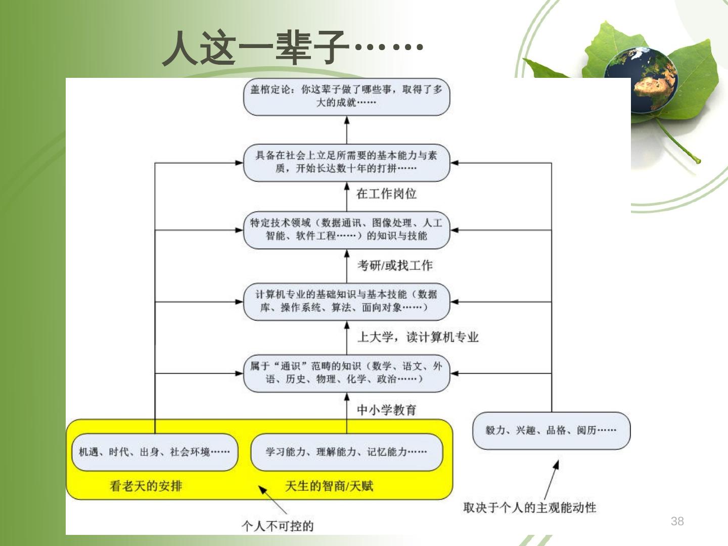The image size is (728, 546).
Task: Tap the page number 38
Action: tap(677, 521)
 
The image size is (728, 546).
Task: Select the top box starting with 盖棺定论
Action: tap(346, 97)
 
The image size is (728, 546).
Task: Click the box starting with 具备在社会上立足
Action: tap(346, 162)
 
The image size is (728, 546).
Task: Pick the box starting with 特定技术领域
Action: tap(346, 230)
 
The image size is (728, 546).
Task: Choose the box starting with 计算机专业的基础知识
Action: tap(346, 301)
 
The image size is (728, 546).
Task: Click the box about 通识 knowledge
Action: tap(346, 373)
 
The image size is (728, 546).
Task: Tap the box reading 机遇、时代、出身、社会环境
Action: tap(154, 452)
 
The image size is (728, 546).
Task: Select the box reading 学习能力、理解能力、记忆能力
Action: tap(346, 452)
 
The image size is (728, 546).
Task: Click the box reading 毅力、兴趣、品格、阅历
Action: tap(551, 430)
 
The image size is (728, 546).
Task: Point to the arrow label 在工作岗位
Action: tap(386, 194)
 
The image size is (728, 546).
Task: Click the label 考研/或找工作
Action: tap(395, 265)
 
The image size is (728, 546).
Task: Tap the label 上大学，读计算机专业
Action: tap(418, 337)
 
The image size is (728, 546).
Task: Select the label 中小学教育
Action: tap(386, 409)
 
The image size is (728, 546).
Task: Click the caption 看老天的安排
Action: tap(146, 486)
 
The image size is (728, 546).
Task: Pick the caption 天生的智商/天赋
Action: tap(329, 486)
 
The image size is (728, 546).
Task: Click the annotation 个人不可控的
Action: tap(278, 526)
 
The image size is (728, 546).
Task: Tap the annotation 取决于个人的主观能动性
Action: tap(530, 507)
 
